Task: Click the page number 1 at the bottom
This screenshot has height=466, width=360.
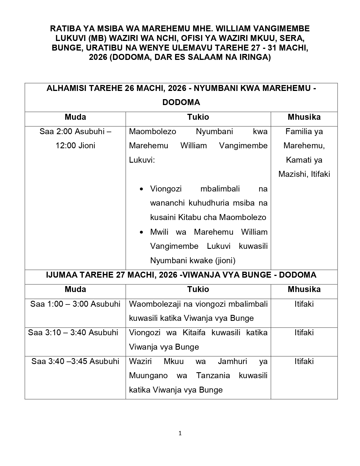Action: pyautogui.click(x=180, y=433)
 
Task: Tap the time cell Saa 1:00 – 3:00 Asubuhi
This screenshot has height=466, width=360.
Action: pyautogui.click(x=75, y=304)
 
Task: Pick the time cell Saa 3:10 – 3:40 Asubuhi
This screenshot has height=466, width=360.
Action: pyautogui.click(x=73, y=332)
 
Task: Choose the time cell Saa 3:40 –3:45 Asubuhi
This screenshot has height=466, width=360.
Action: pyautogui.click(x=75, y=361)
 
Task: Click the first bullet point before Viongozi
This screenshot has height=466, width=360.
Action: pyautogui.click(x=142, y=189)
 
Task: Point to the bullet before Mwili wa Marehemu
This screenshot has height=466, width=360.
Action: pyautogui.click(x=142, y=232)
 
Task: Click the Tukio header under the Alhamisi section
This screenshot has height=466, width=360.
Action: pyautogui.click(x=198, y=117)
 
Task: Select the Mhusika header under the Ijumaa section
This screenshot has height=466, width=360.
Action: pyautogui.click(x=304, y=289)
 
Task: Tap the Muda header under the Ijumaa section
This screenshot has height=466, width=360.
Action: pyautogui.click(x=75, y=289)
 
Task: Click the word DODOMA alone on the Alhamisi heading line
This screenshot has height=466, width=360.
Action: pyautogui.click(x=181, y=102)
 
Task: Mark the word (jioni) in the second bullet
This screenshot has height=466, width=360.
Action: pyautogui.click(x=225, y=260)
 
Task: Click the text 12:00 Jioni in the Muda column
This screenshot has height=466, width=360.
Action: pyautogui.click(x=75, y=146)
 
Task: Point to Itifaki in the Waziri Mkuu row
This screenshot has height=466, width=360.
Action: pyautogui.click(x=304, y=361)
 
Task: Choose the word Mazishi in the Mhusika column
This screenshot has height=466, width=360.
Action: pyautogui.click(x=293, y=174)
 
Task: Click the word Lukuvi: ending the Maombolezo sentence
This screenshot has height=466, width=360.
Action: pyautogui.click(x=142, y=160)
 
